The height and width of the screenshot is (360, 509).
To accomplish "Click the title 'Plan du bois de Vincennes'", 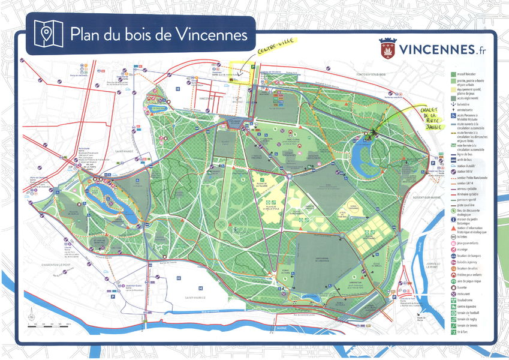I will [158, 34].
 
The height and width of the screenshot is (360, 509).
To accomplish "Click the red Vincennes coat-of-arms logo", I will [388, 49].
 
